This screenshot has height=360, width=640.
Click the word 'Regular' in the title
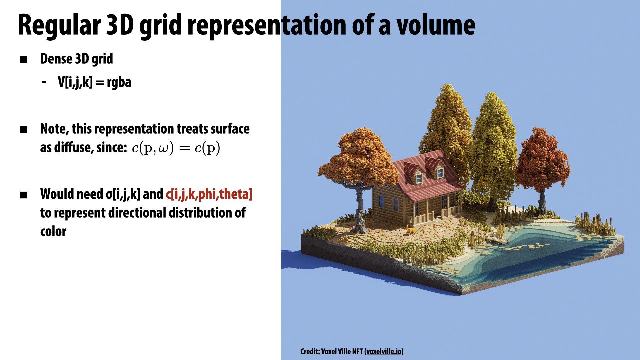coord(59,25)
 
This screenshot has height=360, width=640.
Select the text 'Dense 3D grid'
coord(77,59)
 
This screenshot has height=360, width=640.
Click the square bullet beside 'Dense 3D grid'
coord(24,60)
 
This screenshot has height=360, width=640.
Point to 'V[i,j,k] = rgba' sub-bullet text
coord(95,82)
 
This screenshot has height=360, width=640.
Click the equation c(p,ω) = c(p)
coord(176,148)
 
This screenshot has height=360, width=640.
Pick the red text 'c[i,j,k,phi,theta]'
coord(209,194)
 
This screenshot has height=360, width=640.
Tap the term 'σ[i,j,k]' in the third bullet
coord(123,194)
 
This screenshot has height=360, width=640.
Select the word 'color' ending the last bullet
coord(53,231)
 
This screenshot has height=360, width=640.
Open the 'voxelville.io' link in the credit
coord(384,351)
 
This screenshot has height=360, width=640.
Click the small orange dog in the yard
coord(410,230)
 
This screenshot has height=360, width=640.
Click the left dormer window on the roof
coord(419,178)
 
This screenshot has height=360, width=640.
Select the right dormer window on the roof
coord(440,173)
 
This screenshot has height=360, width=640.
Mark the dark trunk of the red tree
coord(542,202)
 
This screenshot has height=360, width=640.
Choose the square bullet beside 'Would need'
coord(24,195)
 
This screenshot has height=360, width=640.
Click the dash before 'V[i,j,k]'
coord(44,82)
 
